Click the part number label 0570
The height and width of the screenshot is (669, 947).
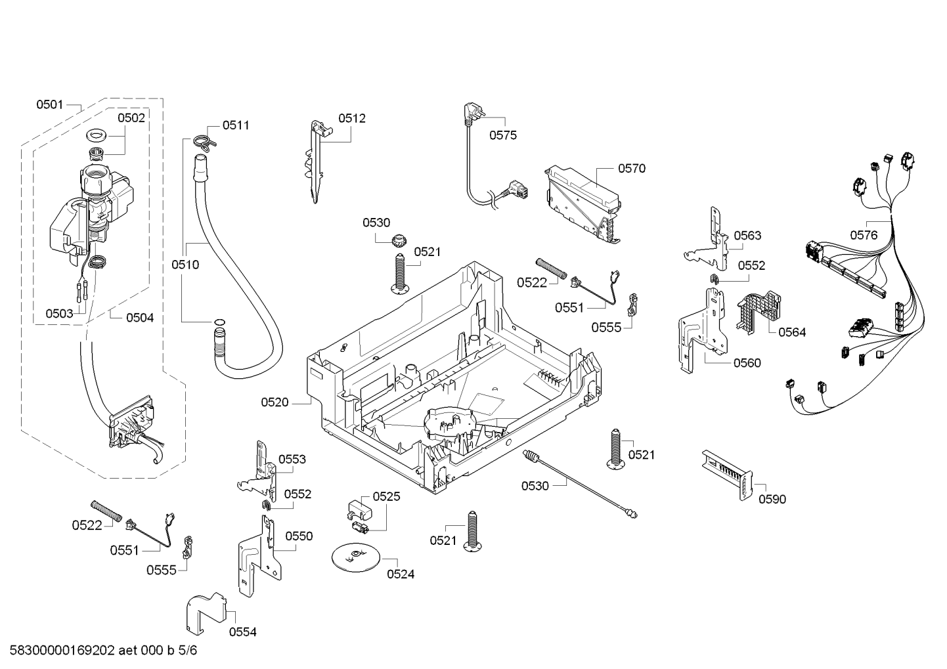[x=632, y=169]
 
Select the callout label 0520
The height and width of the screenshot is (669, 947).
[x=275, y=402]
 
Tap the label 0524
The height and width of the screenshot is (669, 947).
[x=401, y=574]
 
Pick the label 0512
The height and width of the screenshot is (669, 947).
[x=352, y=118]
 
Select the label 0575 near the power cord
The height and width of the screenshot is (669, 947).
[x=503, y=135]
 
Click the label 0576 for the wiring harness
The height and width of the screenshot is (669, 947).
[x=864, y=235]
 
